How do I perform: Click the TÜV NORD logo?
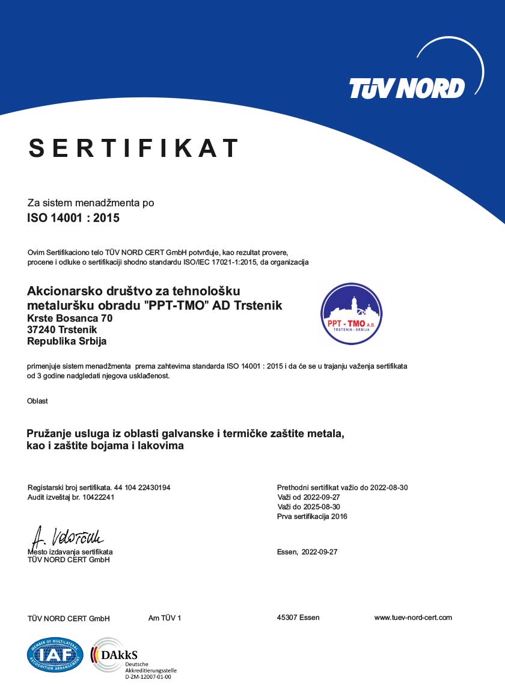(407, 88)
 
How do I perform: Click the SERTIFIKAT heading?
(133, 148)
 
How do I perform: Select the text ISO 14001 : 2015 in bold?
(73, 218)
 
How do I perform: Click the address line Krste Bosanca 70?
(70, 318)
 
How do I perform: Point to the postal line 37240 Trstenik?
(62, 329)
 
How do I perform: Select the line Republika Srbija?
(67, 341)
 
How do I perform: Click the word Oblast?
(37, 401)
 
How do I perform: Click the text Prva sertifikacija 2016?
(312, 516)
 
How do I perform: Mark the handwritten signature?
(67, 536)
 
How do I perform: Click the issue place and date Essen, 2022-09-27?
(307, 552)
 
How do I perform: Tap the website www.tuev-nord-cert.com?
(413, 617)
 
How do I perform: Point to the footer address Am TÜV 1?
(164, 618)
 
